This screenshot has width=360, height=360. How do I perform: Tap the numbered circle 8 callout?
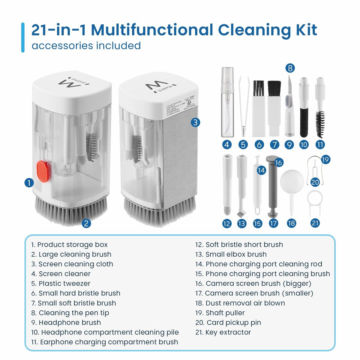click(x=289, y=68)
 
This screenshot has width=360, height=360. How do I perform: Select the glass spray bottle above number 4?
click(x=227, y=102)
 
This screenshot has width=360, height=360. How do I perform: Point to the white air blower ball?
click(x=292, y=180)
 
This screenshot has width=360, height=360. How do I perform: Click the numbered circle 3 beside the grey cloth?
click(x=195, y=122)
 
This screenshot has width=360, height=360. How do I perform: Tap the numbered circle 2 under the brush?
click(x=86, y=223)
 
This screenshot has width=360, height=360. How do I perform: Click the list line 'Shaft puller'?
click(x=220, y=313)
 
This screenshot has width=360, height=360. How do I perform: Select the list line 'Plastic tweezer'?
click(x=61, y=283)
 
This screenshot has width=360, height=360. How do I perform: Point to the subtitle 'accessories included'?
click(x=86, y=46)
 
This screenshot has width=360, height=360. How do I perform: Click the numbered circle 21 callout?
click(x=315, y=223)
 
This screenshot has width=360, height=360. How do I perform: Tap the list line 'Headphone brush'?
click(x=66, y=322)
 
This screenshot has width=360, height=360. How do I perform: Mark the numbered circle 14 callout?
click(x=261, y=170)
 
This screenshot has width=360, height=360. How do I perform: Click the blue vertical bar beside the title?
click(x=23, y=37)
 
